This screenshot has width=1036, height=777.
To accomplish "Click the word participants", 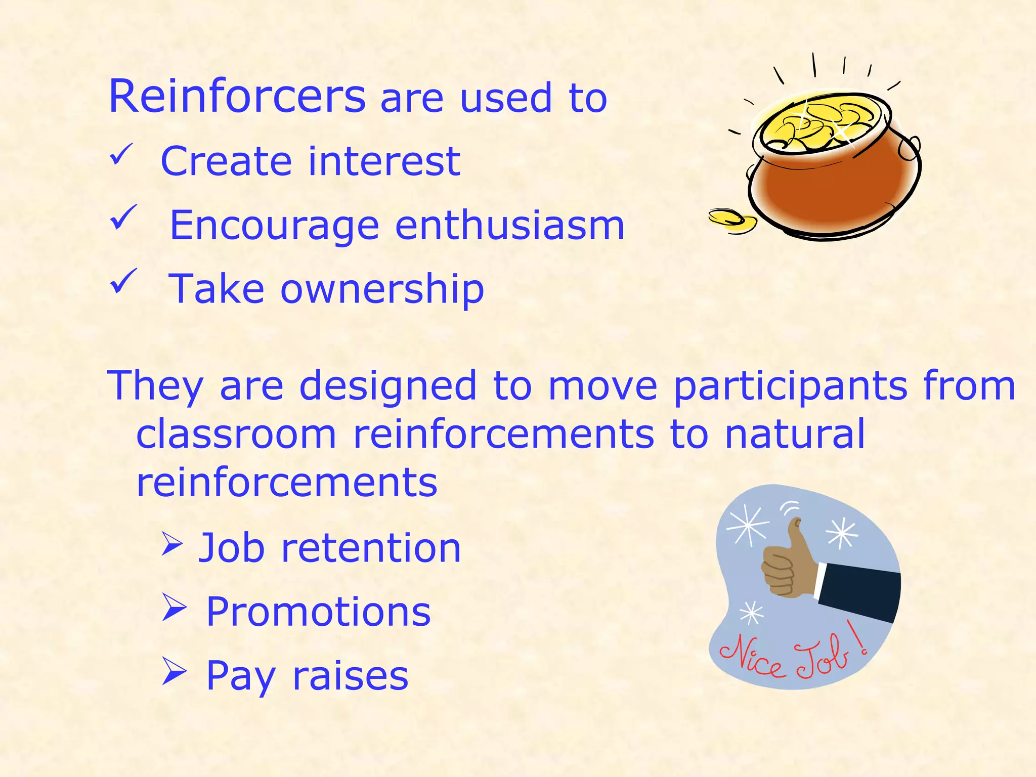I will [790, 386].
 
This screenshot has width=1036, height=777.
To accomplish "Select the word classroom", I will [236, 434].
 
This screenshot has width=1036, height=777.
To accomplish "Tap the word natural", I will [795, 434].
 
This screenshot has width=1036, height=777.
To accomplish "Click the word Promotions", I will [318, 612].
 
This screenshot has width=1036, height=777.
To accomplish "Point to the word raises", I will [350, 676].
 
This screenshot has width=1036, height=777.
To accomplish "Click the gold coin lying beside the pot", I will [731, 221].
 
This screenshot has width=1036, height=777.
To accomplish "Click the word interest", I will [384, 161].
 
